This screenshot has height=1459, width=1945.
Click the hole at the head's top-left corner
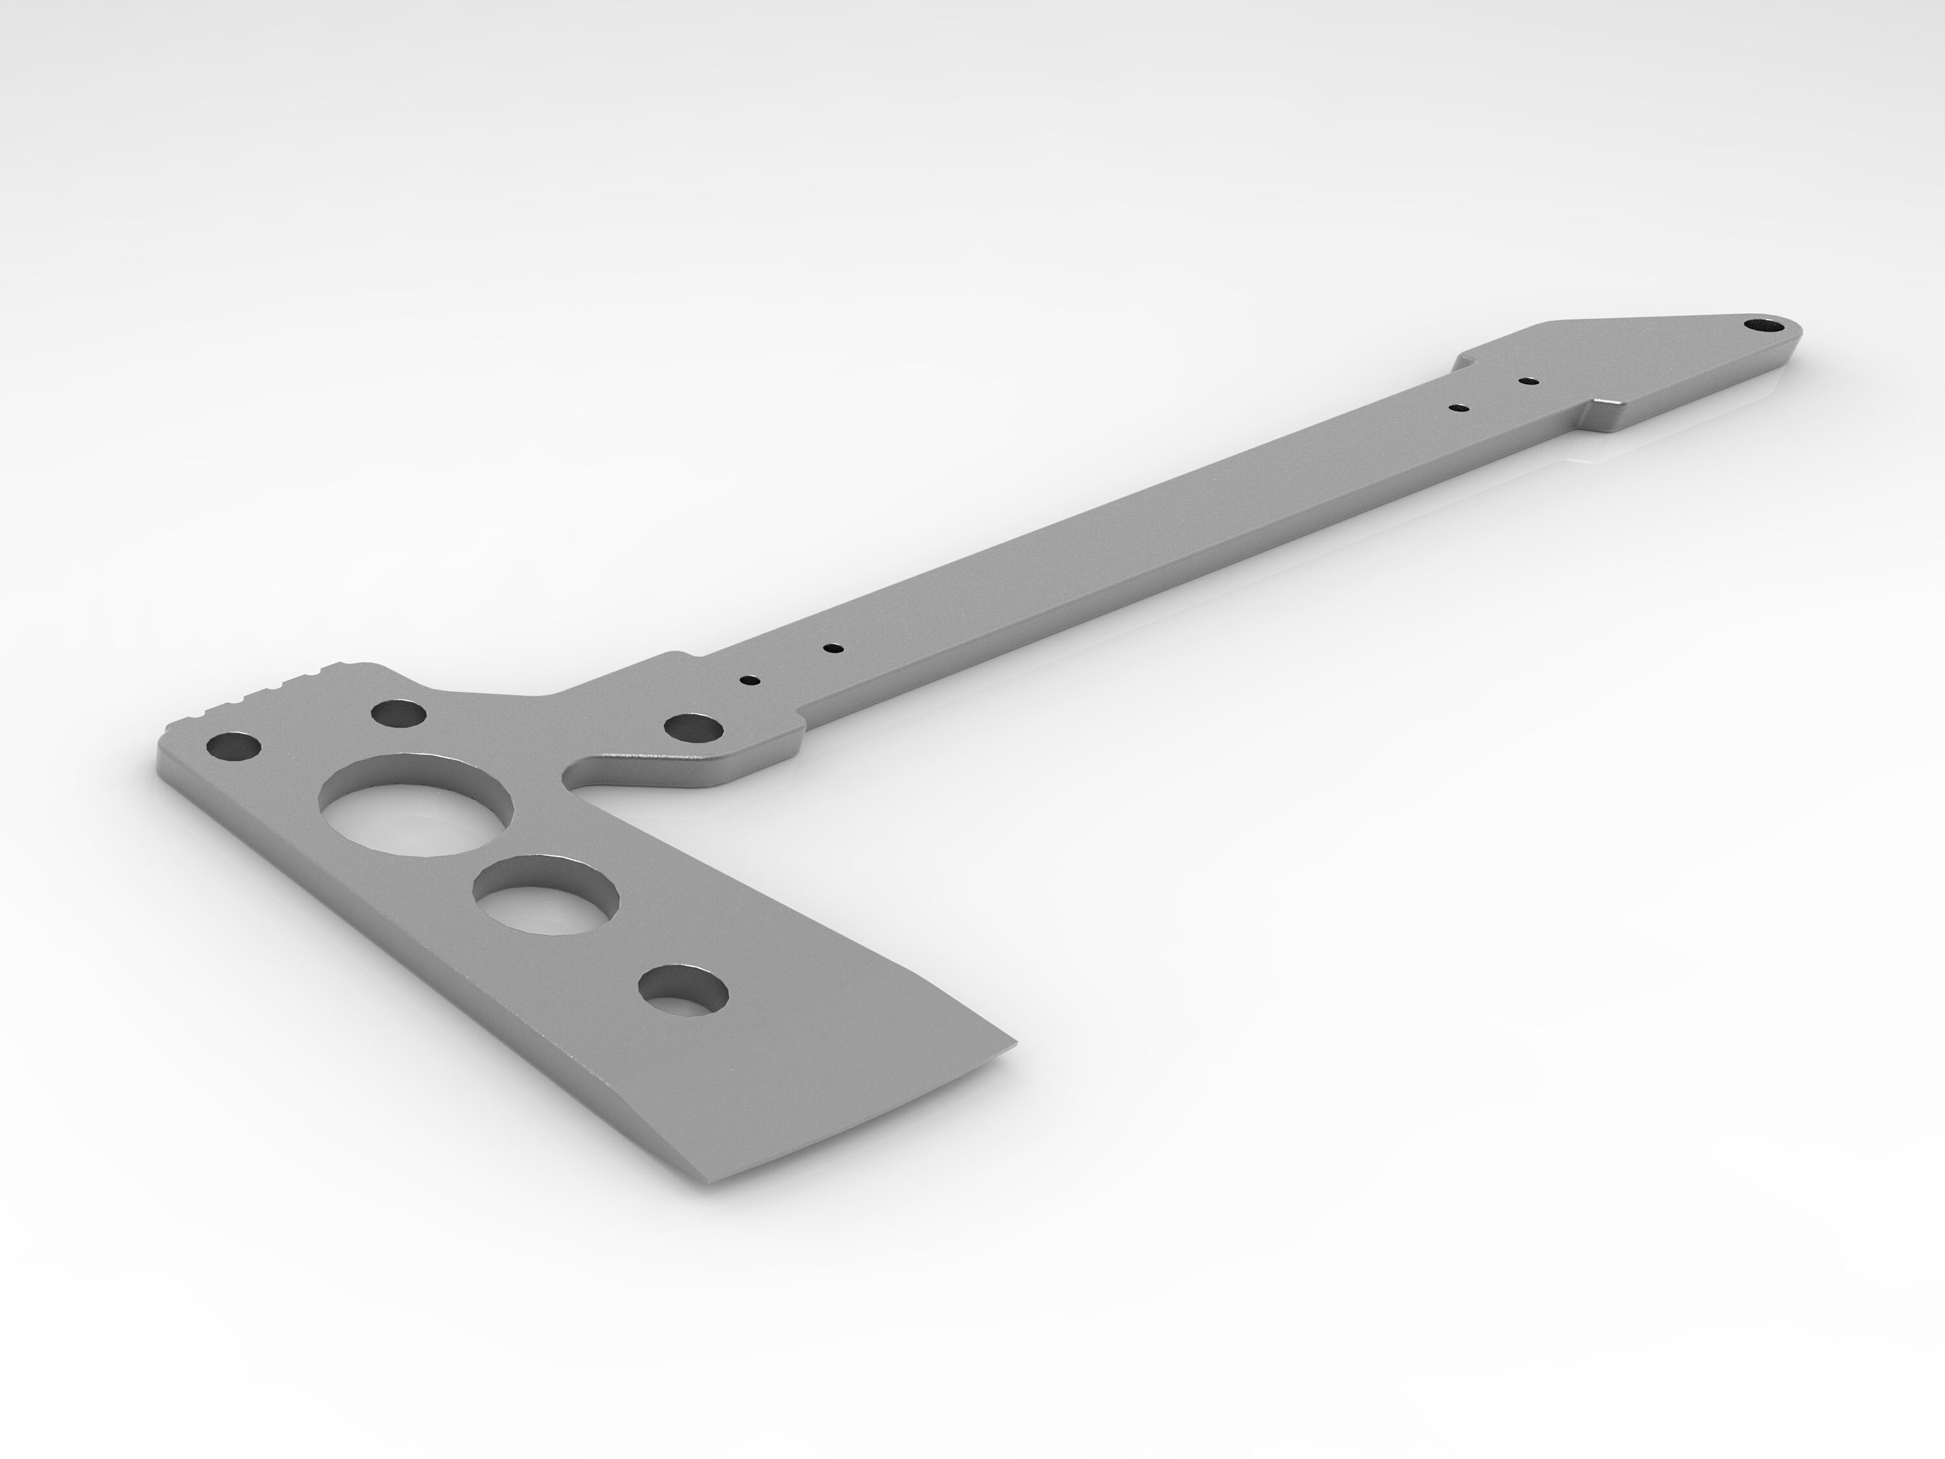pos(234,748)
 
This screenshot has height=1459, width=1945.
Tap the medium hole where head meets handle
pos(694,728)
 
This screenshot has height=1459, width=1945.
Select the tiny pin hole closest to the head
pos(750,680)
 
